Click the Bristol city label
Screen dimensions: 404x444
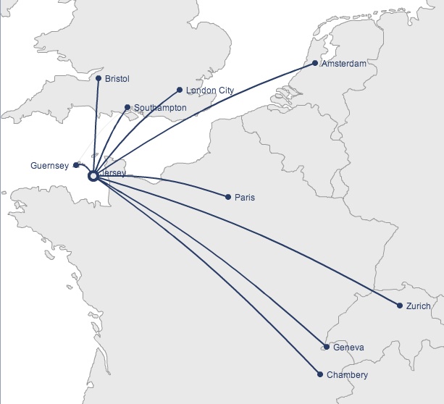click(x=117, y=78)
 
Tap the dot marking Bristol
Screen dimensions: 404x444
click(x=98, y=78)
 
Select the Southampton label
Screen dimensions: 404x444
click(x=160, y=108)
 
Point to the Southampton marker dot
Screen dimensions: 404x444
click(x=127, y=107)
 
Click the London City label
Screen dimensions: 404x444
click(x=210, y=91)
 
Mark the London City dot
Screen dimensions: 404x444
click(x=179, y=91)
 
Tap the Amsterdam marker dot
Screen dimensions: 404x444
click(x=315, y=63)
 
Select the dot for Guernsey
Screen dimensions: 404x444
click(x=76, y=165)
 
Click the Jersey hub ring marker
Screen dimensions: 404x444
click(x=93, y=175)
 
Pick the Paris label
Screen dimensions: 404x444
click(x=245, y=198)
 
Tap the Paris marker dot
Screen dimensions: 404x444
click(x=228, y=197)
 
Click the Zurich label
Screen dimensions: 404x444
click(x=419, y=306)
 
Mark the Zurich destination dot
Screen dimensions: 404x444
click(x=400, y=306)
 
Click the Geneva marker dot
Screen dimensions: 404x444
click(x=327, y=348)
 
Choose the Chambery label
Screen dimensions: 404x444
click(x=347, y=375)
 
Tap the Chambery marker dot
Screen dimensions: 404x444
click(x=319, y=374)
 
